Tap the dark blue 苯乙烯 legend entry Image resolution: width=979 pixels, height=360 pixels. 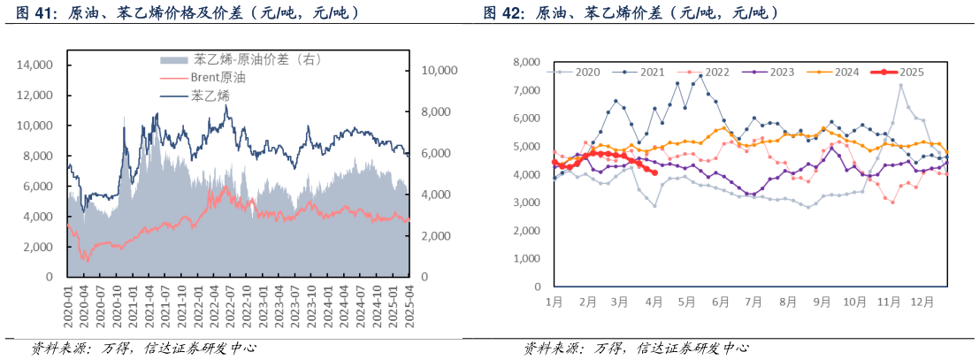[210, 95]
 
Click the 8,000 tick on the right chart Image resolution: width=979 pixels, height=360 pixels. [525, 63]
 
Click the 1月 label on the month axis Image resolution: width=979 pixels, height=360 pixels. [555, 302]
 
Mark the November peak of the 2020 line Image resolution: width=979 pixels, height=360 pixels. [900, 86]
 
